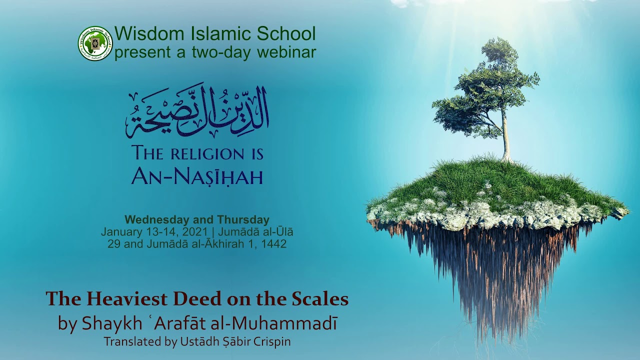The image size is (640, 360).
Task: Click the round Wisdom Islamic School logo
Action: (x=95, y=43)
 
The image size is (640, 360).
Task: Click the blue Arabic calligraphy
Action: (x=197, y=111)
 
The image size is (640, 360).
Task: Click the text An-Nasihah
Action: (x=197, y=176)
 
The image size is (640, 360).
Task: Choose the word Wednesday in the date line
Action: (x=157, y=219)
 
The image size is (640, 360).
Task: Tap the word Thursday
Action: (x=243, y=219)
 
